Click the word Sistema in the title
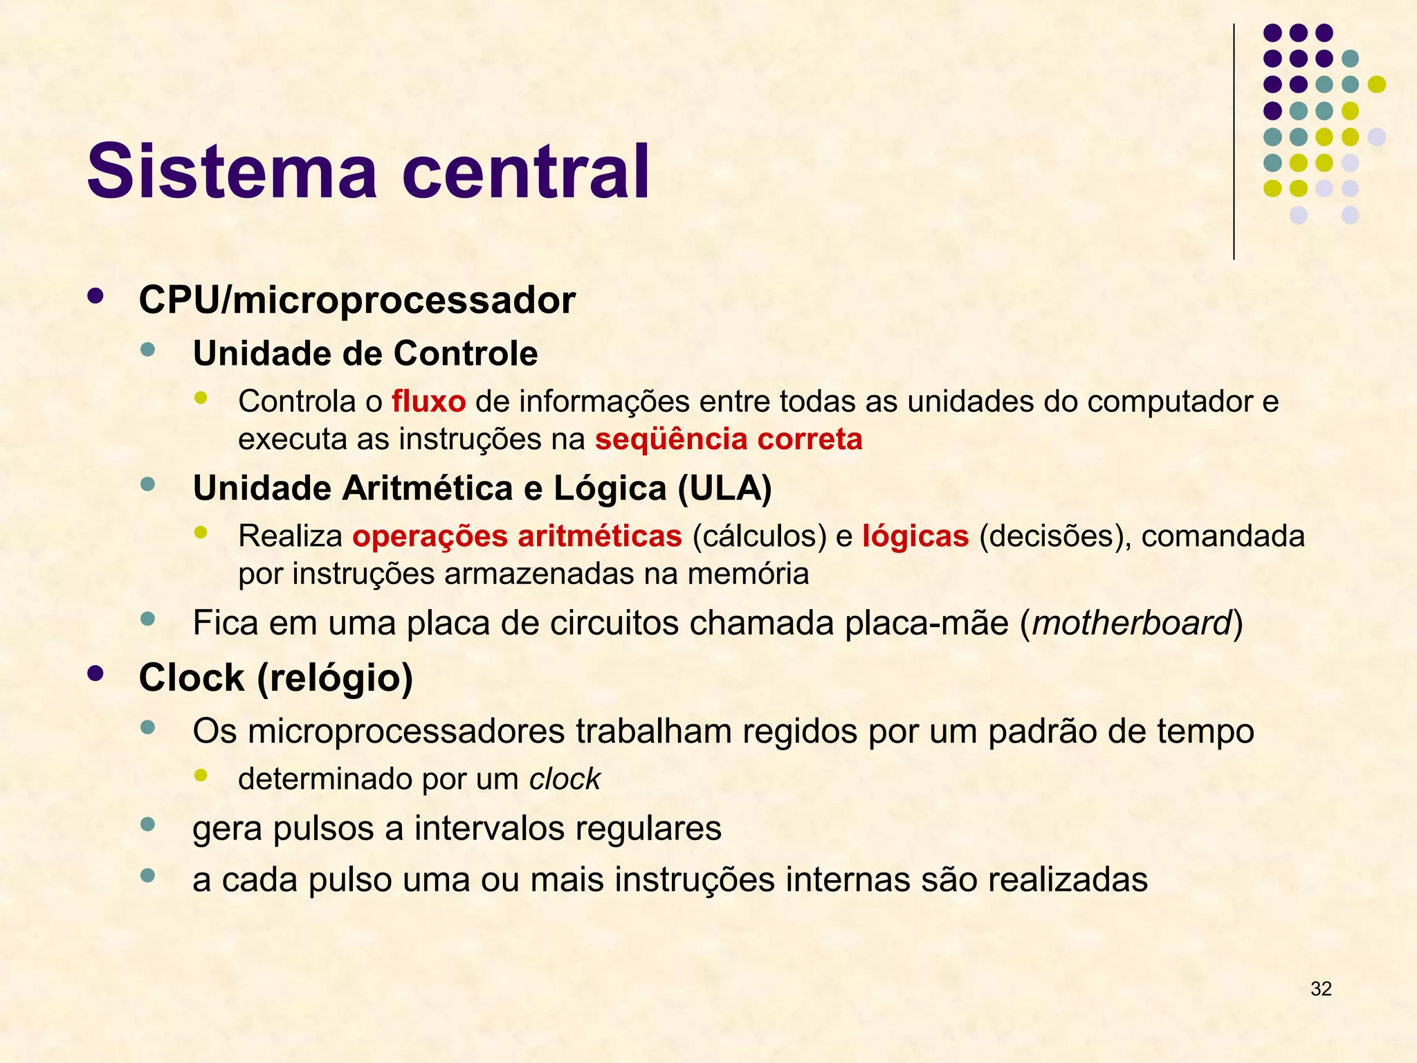(232, 171)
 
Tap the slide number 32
(1321, 989)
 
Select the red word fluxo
(429, 401)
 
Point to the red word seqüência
(671, 439)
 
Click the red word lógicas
(915, 536)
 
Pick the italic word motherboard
(1131, 623)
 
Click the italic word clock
(565, 779)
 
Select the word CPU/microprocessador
(357, 300)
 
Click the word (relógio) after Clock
(335, 678)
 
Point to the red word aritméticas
(599, 536)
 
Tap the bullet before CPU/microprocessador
(95, 296)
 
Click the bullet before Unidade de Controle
(147, 349)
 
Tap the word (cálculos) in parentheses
(759, 536)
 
